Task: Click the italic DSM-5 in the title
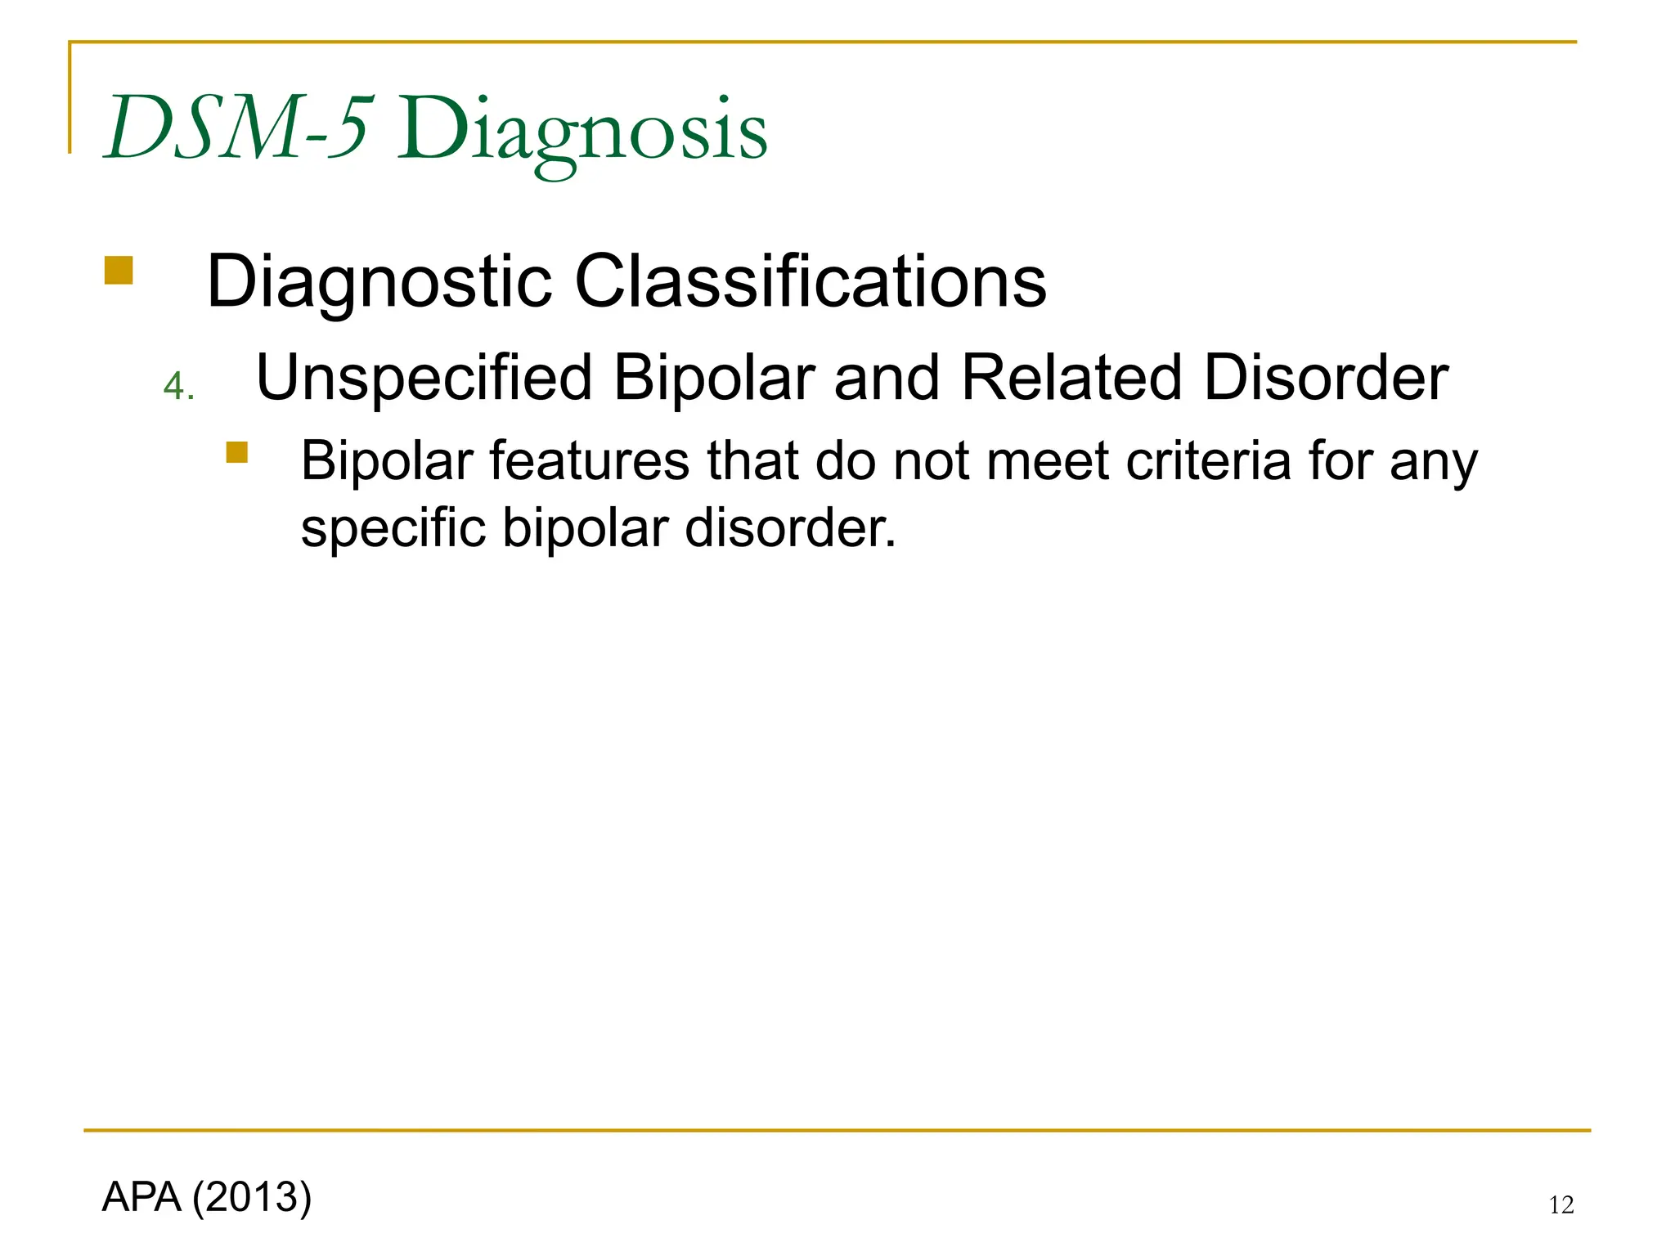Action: pyautogui.click(x=239, y=128)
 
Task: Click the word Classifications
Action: pyautogui.click(x=810, y=281)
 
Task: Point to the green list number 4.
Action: pyautogui.click(x=177, y=386)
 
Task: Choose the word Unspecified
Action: pyautogui.click(x=424, y=379)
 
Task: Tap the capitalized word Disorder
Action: pyautogui.click(x=1326, y=379)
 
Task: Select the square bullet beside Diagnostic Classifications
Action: pyautogui.click(x=119, y=271)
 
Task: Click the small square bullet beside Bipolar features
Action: pyautogui.click(x=237, y=452)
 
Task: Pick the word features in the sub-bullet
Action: pyautogui.click(x=589, y=461)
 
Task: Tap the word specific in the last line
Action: pyautogui.click(x=392, y=528)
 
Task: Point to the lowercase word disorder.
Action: pyautogui.click(x=790, y=528)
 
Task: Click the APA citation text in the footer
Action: pyautogui.click(x=141, y=1197)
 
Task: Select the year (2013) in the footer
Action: pyautogui.click(x=252, y=1197)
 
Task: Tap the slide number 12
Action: pyautogui.click(x=1560, y=1205)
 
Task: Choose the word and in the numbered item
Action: pyautogui.click(x=887, y=379)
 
